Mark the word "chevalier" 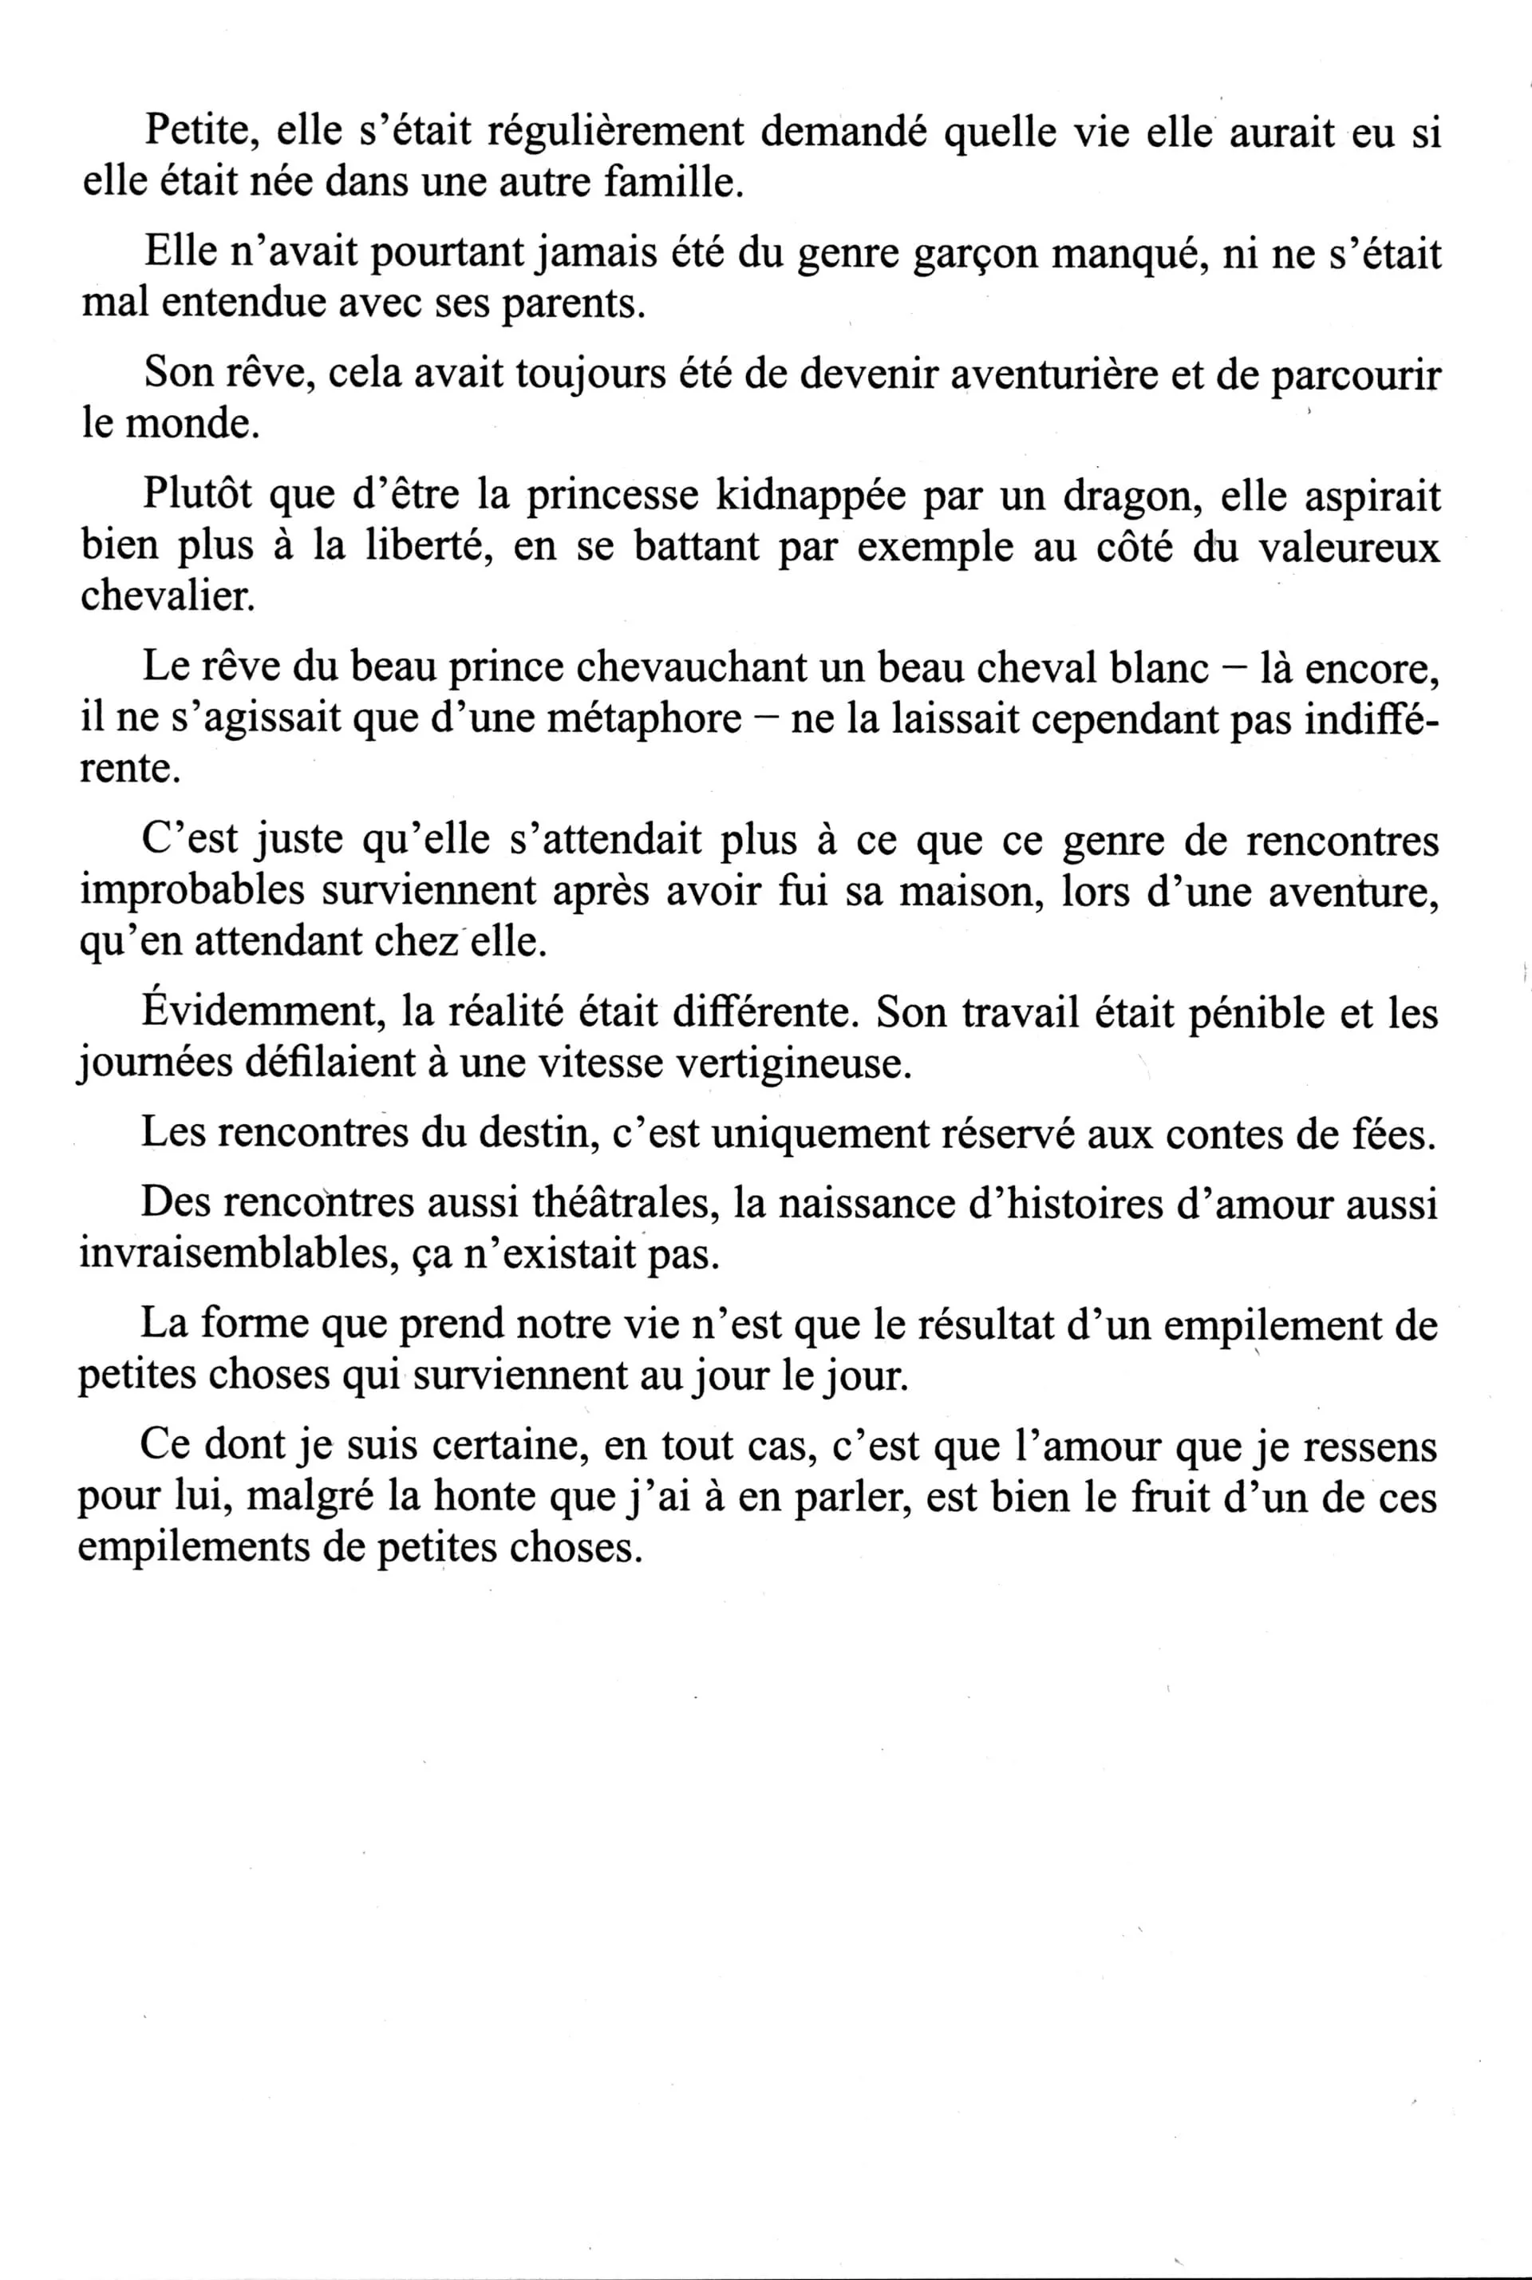[167, 596]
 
